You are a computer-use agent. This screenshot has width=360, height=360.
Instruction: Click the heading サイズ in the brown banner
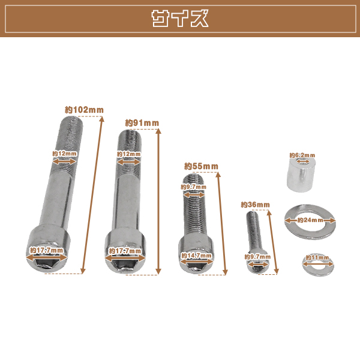click(180, 19)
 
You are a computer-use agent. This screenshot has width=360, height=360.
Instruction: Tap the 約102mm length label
click(84, 110)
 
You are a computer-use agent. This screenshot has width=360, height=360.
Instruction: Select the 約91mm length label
click(142, 123)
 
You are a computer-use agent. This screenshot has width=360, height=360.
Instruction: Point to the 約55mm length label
click(201, 166)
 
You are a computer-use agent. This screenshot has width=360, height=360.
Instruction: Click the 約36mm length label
click(256, 205)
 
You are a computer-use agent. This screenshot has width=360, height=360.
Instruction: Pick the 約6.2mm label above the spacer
click(302, 155)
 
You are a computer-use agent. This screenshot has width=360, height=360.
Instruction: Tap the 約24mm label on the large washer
click(310, 220)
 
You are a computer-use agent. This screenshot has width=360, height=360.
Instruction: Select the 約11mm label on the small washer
click(317, 257)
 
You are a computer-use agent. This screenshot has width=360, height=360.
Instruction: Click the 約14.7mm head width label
click(197, 256)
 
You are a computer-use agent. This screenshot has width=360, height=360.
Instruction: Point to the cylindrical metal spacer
click(301, 175)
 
